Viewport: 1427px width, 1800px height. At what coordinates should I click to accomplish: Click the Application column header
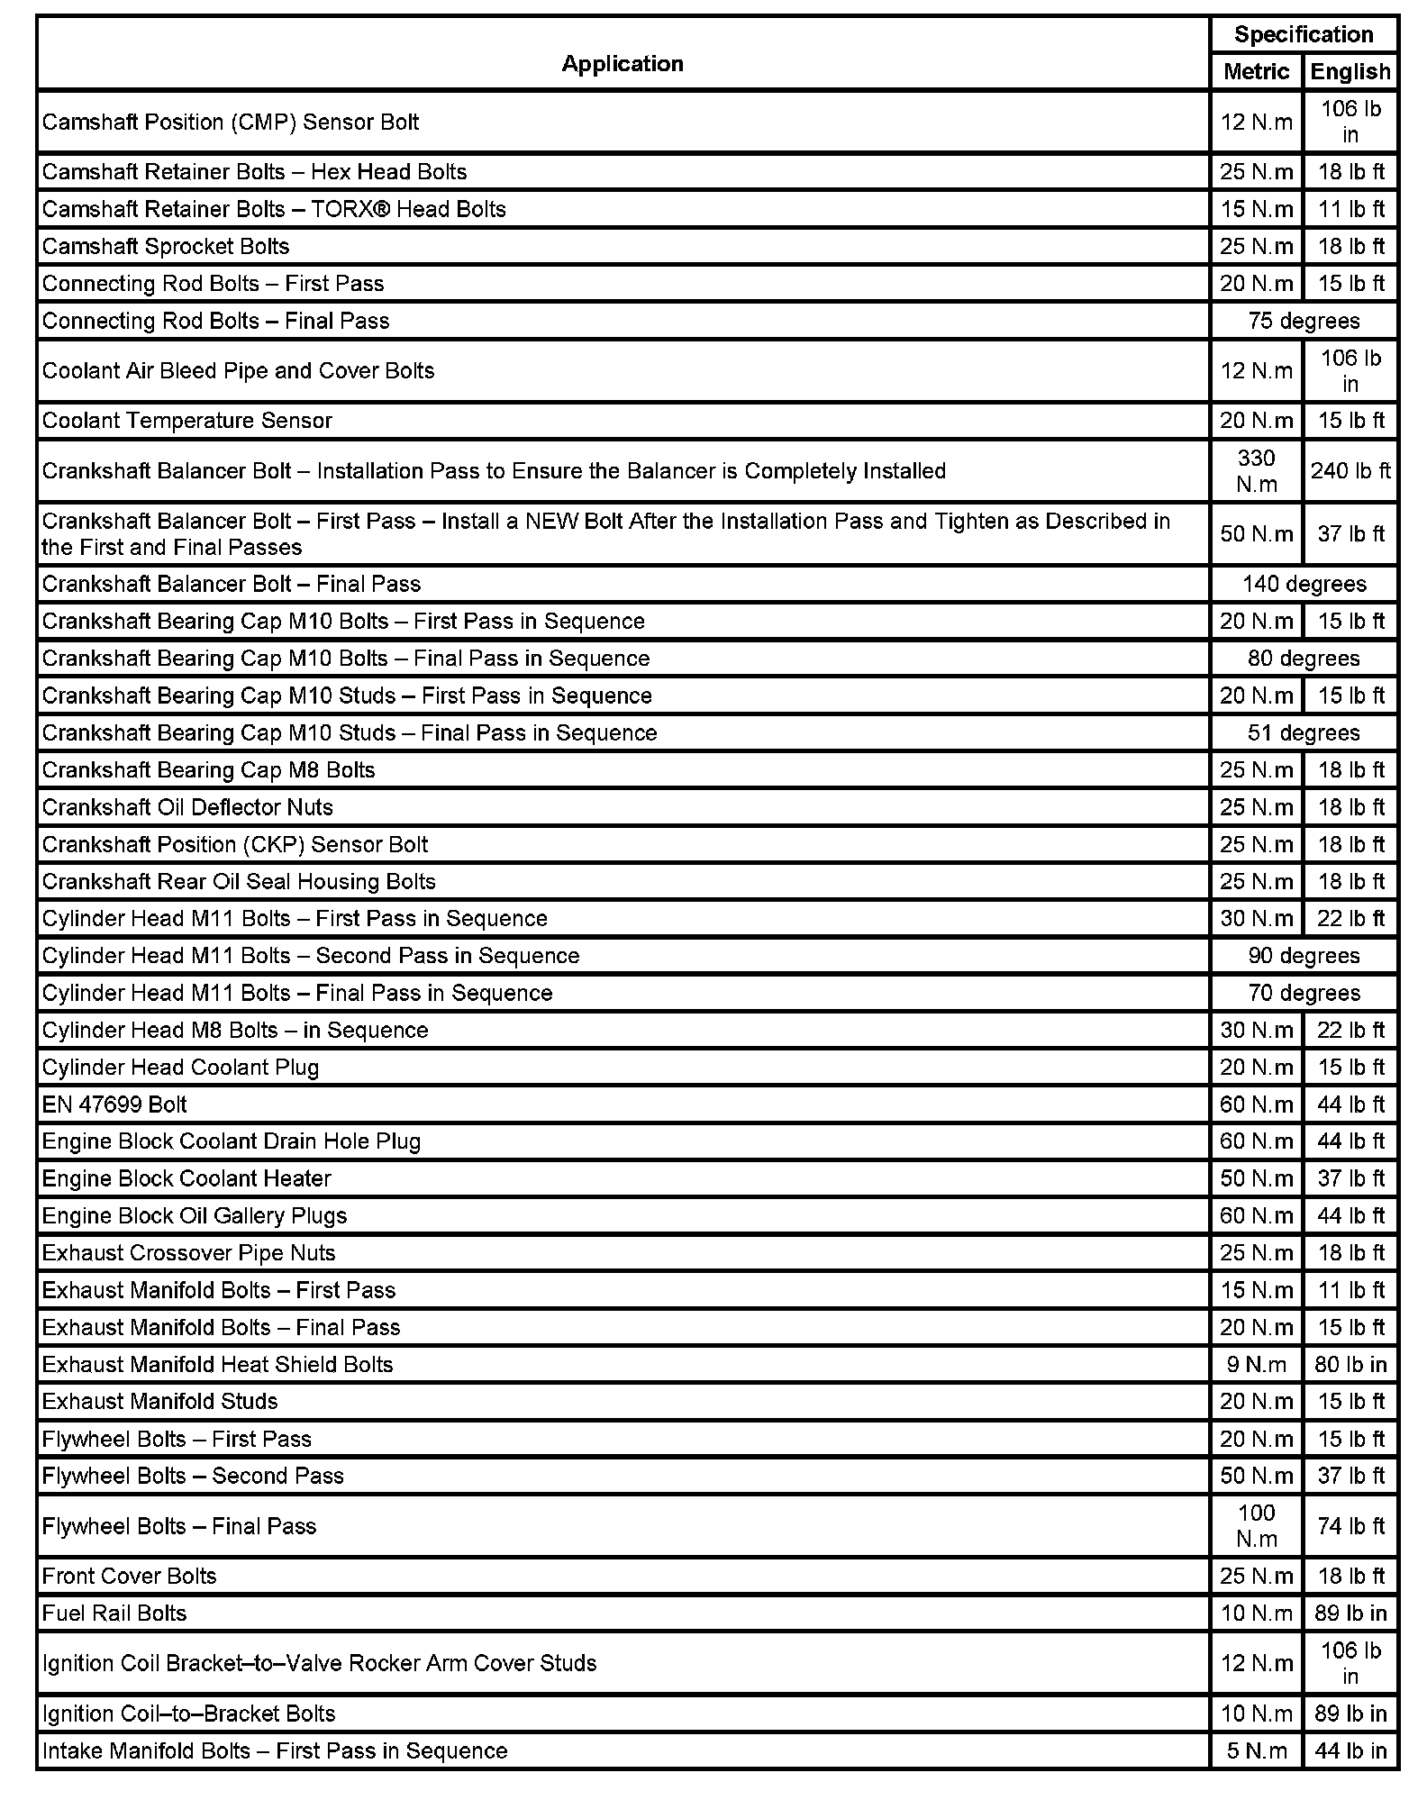coord(622,63)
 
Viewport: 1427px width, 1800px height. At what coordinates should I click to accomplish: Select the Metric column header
coord(1256,71)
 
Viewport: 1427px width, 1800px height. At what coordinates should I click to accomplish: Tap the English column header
coord(1350,71)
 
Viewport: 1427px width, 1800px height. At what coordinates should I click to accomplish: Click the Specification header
coord(1303,34)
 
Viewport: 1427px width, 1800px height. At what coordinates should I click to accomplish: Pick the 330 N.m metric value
coord(1256,470)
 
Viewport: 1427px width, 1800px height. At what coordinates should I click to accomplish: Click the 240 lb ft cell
coord(1350,470)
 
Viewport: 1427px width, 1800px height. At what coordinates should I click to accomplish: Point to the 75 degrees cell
coord(1303,321)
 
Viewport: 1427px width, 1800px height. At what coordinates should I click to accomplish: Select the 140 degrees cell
coord(1303,584)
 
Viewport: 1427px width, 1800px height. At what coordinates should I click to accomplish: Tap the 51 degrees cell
coord(1303,732)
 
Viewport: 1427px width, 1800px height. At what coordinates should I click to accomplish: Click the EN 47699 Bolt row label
coord(114,1104)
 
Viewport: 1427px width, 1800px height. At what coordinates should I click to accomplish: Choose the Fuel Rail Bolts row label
coord(114,1613)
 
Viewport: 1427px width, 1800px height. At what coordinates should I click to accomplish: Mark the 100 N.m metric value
coord(1256,1525)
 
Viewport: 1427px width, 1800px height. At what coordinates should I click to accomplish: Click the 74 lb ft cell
coord(1350,1525)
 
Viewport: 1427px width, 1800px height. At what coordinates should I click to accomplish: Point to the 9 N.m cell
coord(1256,1364)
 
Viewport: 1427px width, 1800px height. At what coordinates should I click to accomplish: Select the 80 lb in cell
coord(1350,1364)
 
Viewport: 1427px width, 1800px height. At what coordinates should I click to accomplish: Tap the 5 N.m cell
coord(1256,1750)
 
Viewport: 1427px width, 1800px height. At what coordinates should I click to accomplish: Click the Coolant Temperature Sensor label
coord(186,420)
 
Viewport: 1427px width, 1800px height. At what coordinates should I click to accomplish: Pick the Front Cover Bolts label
coord(129,1576)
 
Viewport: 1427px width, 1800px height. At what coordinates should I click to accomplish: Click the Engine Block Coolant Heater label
coord(186,1178)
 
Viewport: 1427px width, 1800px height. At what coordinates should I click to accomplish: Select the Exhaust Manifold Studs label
coord(159,1401)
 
